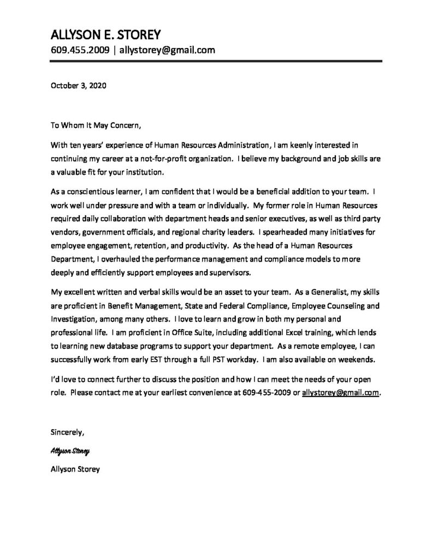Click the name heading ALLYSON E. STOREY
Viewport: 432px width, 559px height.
(x=106, y=35)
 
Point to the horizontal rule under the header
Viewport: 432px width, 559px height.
(x=216, y=62)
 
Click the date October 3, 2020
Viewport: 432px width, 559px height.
(x=78, y=85)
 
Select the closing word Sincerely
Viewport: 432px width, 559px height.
(x=67, y=433)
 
